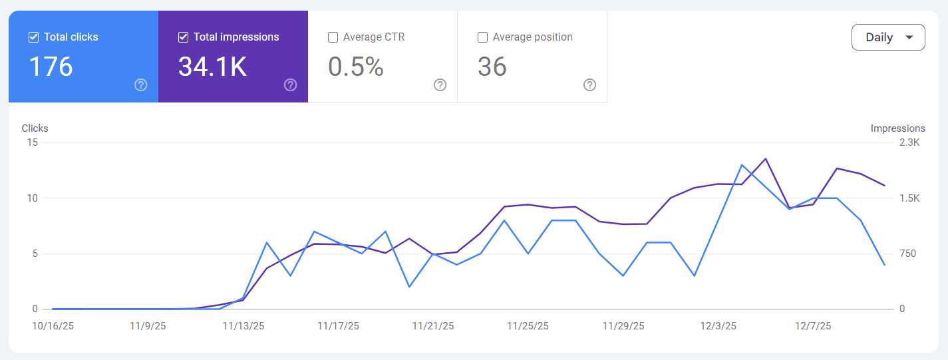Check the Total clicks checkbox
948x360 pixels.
pyautogui.click(x=34, y=37)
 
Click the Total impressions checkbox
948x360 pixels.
pyautogui.click(x=184, y=37)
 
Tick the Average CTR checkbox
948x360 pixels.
pyautogui.click(x=333, y=37)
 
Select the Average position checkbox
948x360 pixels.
pyautogui.click(x=483, y=37)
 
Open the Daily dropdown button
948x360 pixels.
pyautogui.click(x=888, y=37)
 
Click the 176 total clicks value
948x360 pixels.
pyautogui.click(x=51, y=67)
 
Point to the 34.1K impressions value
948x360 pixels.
pyautogui.click(x=212, y=67)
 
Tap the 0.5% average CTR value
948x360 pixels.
pyautogui.click(x=356, y=67)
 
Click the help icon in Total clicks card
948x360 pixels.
pyautogui.click(x=140, y=85)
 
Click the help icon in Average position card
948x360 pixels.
pyautogui.click(x=589, y=85)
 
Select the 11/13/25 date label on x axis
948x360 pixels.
pyautogui.click(x=243, y=326)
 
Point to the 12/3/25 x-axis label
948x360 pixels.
pyautogui.click(x=718, y=326)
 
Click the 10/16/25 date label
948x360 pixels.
pyautogui.click(x=54, y=326)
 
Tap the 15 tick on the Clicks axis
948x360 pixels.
pyautogui.click(x=32, y=142)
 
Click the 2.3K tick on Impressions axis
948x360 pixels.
pyautogui.click(x=909, y=142)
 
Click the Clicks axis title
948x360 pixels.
pyautogui.click(x=35, y=128)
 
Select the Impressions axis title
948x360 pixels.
pyautogui.click(x=897, y=128)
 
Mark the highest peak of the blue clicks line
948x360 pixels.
pyautogui.click(x=742, y=164)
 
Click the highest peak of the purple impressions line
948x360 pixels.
pyautogui.click(x=766, y=158)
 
